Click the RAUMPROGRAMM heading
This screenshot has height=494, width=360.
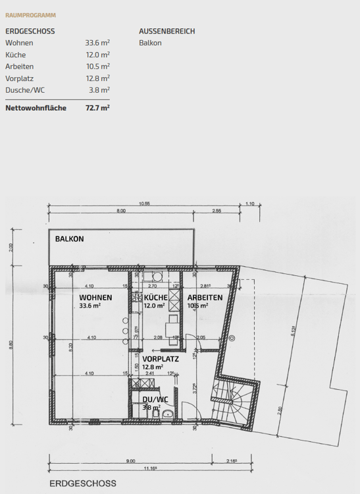tap(30, 14)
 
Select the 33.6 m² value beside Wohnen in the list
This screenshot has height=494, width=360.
tap(97, 43)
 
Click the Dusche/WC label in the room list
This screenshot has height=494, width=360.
tap(26, 90)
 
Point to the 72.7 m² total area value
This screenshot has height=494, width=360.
tap(97, 107)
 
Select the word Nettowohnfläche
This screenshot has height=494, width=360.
tap(36, 107)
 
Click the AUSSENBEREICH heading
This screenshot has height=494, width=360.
tap(167, 31)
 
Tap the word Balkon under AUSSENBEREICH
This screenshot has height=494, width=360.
tap(150, 43)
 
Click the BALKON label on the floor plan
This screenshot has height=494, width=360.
tap(70, 238)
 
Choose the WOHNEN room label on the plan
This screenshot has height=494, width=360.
tap(95, 297)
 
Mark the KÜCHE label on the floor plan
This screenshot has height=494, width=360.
tap(155, 297)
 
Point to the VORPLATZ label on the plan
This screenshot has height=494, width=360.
tap(161, 359)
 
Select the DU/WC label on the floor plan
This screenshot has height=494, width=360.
tap(155, 399)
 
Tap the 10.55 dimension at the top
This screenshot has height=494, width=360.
tap(145, 204)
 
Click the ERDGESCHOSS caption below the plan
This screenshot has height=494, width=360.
tap(83, 483)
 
